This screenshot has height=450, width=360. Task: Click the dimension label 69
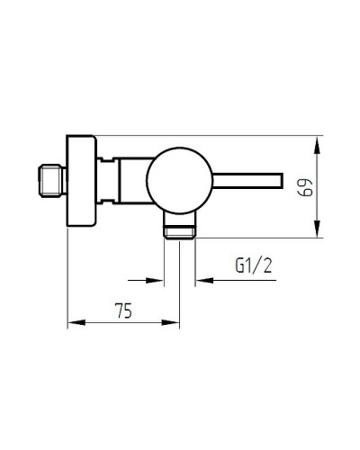tap(305, 188)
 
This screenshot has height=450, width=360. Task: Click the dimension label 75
tap(123, 310)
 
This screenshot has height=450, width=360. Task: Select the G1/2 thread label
tap(254, 265)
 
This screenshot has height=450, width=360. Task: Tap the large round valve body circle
tap(180, 180)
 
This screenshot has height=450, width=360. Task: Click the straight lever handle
tap(247, 180)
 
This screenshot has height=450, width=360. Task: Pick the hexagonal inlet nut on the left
tap(52, 181)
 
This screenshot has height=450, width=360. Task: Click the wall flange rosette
tap(81, 181)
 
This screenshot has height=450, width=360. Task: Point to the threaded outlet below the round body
tap(179, 226)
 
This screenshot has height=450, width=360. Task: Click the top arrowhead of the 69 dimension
tap(317, 145)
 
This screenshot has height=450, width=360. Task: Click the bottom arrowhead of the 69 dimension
tap(317, 229)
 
